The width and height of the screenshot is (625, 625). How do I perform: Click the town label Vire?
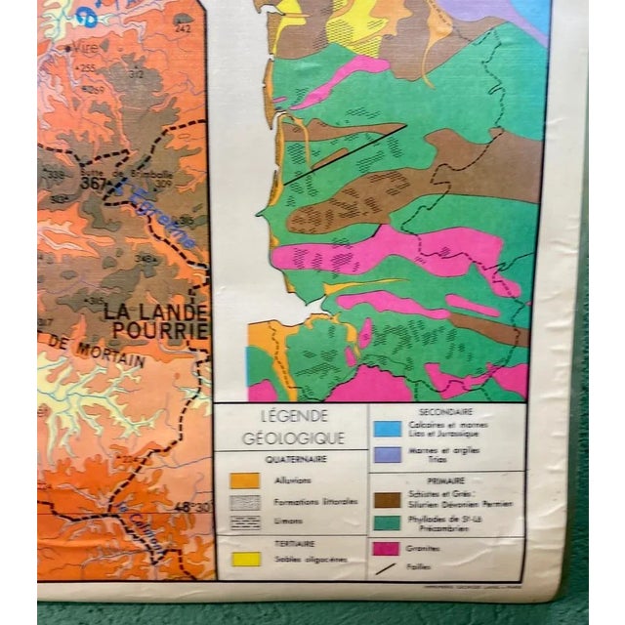(x=80, y=47)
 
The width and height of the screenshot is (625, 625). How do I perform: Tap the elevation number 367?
(x=93, y=183)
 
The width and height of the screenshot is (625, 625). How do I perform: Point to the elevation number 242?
(x=184, y=28)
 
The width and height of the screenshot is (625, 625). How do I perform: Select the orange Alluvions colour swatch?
(x=245, y=480)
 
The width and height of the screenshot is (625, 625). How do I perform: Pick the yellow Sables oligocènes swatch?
(x=246, y=560)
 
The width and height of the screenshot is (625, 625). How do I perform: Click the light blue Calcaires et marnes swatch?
(x=387, y=429)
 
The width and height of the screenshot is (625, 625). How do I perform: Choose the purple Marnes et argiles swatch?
(x=387, y=454)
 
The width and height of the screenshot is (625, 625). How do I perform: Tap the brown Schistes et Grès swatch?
(x=387, y=500)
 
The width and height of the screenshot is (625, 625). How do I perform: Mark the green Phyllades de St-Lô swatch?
(x=387, y=524)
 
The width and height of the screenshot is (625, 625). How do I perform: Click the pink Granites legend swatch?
(x=387, y=549)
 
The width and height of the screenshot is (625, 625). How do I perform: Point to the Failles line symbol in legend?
(x=387, y=567)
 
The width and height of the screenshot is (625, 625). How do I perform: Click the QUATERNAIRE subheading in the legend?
(x=295, y=459)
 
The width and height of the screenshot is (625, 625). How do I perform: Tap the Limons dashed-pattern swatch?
(x=246, y=521)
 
